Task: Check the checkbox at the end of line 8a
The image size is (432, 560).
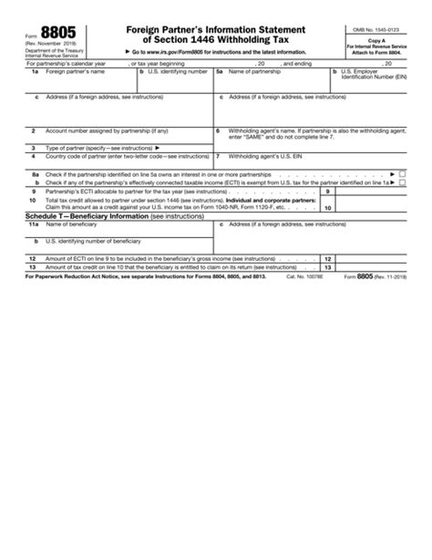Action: [x=403, y=173]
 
